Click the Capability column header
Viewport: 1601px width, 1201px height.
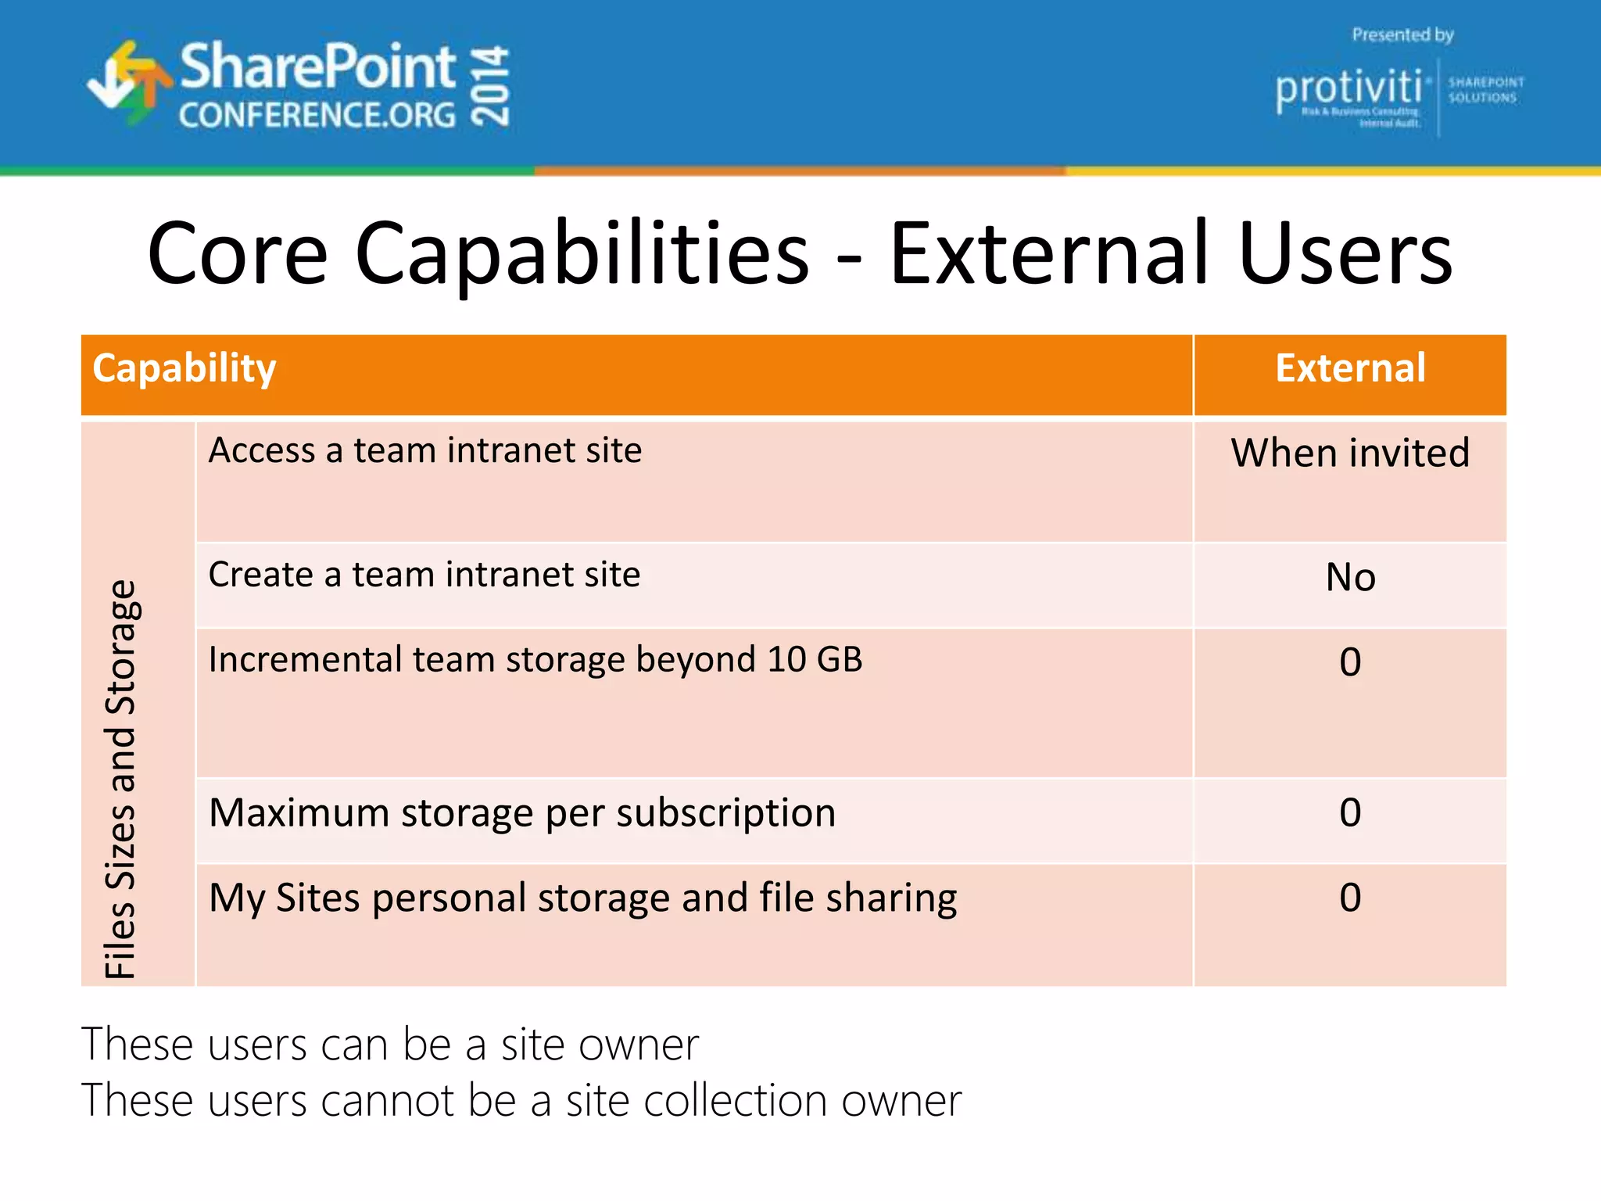tap(184, 369)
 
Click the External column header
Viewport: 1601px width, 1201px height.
tap(1350, 369)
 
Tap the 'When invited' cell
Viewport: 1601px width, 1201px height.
tap(1350, 454)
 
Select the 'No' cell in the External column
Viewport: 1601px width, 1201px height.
tap(1350, 578)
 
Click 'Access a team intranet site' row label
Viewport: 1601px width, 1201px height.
tap(425, 451)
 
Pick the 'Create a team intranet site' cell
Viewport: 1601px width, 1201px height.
tap(424, 575)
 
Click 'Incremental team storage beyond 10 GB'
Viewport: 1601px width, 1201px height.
tap(535, 660)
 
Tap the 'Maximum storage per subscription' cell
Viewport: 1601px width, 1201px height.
tap(522, 813)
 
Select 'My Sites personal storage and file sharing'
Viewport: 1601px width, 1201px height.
tap(582, 898)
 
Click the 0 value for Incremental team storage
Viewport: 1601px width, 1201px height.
tap(1350, 663)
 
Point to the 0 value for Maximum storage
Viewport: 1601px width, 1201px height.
tap(1350, 813)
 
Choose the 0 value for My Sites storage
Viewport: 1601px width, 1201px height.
tap(1350, 898)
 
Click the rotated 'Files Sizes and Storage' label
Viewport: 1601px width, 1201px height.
tap(121, 778)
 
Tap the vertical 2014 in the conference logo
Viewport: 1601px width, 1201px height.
tap(491, 86)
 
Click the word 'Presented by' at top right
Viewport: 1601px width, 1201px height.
tap(1402, 35)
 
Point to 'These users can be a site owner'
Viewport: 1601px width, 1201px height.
tap(390, 1045)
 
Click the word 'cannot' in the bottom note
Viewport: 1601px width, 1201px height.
tap(387, 1102)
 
